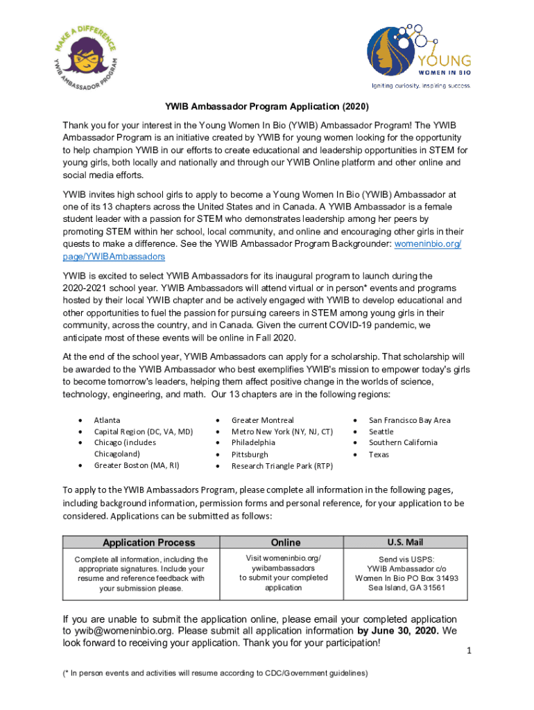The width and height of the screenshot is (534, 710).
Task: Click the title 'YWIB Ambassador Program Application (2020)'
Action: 266,107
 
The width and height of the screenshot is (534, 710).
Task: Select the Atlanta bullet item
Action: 107,420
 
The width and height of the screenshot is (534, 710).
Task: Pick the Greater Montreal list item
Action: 262,420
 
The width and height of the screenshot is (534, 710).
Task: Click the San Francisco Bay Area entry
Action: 409,420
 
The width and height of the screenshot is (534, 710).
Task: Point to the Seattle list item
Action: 381,431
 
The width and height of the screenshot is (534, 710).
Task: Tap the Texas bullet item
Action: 379,455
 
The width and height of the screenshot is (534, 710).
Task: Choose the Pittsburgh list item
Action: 250,455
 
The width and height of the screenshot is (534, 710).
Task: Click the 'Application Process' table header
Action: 148,543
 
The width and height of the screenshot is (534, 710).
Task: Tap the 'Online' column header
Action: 286,543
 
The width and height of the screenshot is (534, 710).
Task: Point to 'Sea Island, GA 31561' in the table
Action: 406,588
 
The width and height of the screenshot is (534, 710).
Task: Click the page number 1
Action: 469,651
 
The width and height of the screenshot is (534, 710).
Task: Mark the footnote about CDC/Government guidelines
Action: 215,673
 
